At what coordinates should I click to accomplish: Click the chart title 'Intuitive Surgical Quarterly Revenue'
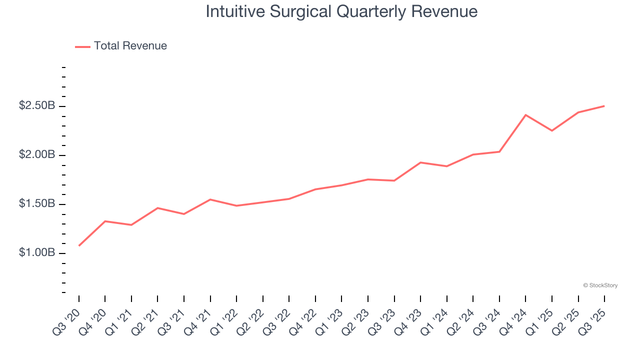click(341, 11)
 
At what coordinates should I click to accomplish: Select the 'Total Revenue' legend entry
click(130, 46)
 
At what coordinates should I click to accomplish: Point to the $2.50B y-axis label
click(37, 106)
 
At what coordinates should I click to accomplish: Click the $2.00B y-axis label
click(37, 154)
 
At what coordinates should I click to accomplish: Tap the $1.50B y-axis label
click(37, 203)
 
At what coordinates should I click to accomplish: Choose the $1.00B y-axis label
click(37, 252)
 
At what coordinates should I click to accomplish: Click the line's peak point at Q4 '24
click(525, 115)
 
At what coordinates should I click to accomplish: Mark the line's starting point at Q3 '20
click(79, 245)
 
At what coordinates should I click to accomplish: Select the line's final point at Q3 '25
click(604, 106)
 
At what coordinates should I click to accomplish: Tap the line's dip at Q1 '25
click(552, 130)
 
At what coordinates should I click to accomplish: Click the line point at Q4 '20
click(105, 221)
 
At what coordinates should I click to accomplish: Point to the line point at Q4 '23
click(420, 162)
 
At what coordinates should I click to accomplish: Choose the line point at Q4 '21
click(210, 199)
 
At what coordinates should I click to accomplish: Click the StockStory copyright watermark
click(600, 285)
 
